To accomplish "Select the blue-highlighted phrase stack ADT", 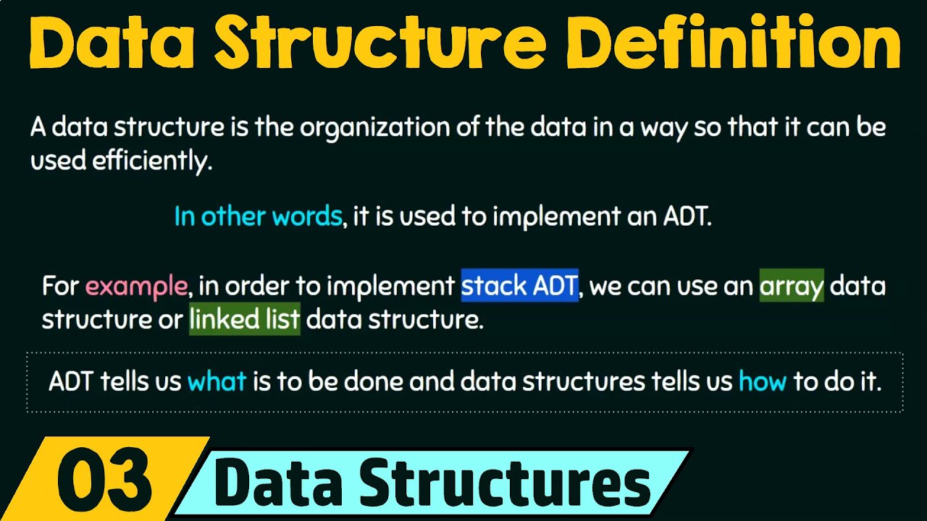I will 519,287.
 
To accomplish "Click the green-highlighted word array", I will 791,287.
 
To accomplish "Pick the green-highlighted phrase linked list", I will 244,320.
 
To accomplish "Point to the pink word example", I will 136,287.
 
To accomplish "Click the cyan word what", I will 217,381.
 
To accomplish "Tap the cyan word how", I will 762,381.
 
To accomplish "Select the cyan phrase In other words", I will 258,216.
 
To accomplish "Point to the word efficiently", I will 151,161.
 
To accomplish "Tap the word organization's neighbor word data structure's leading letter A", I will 38,128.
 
